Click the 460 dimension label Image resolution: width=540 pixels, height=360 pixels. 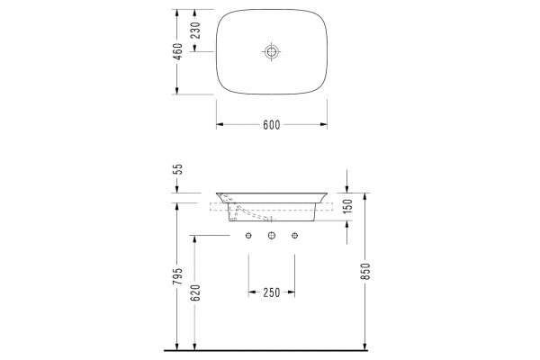point(177,51)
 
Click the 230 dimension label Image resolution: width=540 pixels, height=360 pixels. point(195,31)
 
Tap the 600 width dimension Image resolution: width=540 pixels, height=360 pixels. point(272,125)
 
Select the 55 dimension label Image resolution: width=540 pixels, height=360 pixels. point(177,169)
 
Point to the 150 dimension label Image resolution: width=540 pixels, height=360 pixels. point(348,206)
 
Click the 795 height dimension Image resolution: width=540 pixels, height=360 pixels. point(177,276)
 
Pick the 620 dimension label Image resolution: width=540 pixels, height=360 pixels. point(195,292)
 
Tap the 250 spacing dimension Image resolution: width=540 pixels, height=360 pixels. point(272,292)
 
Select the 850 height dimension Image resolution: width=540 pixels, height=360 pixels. point(365,271)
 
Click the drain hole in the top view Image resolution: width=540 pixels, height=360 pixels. point(272,52)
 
